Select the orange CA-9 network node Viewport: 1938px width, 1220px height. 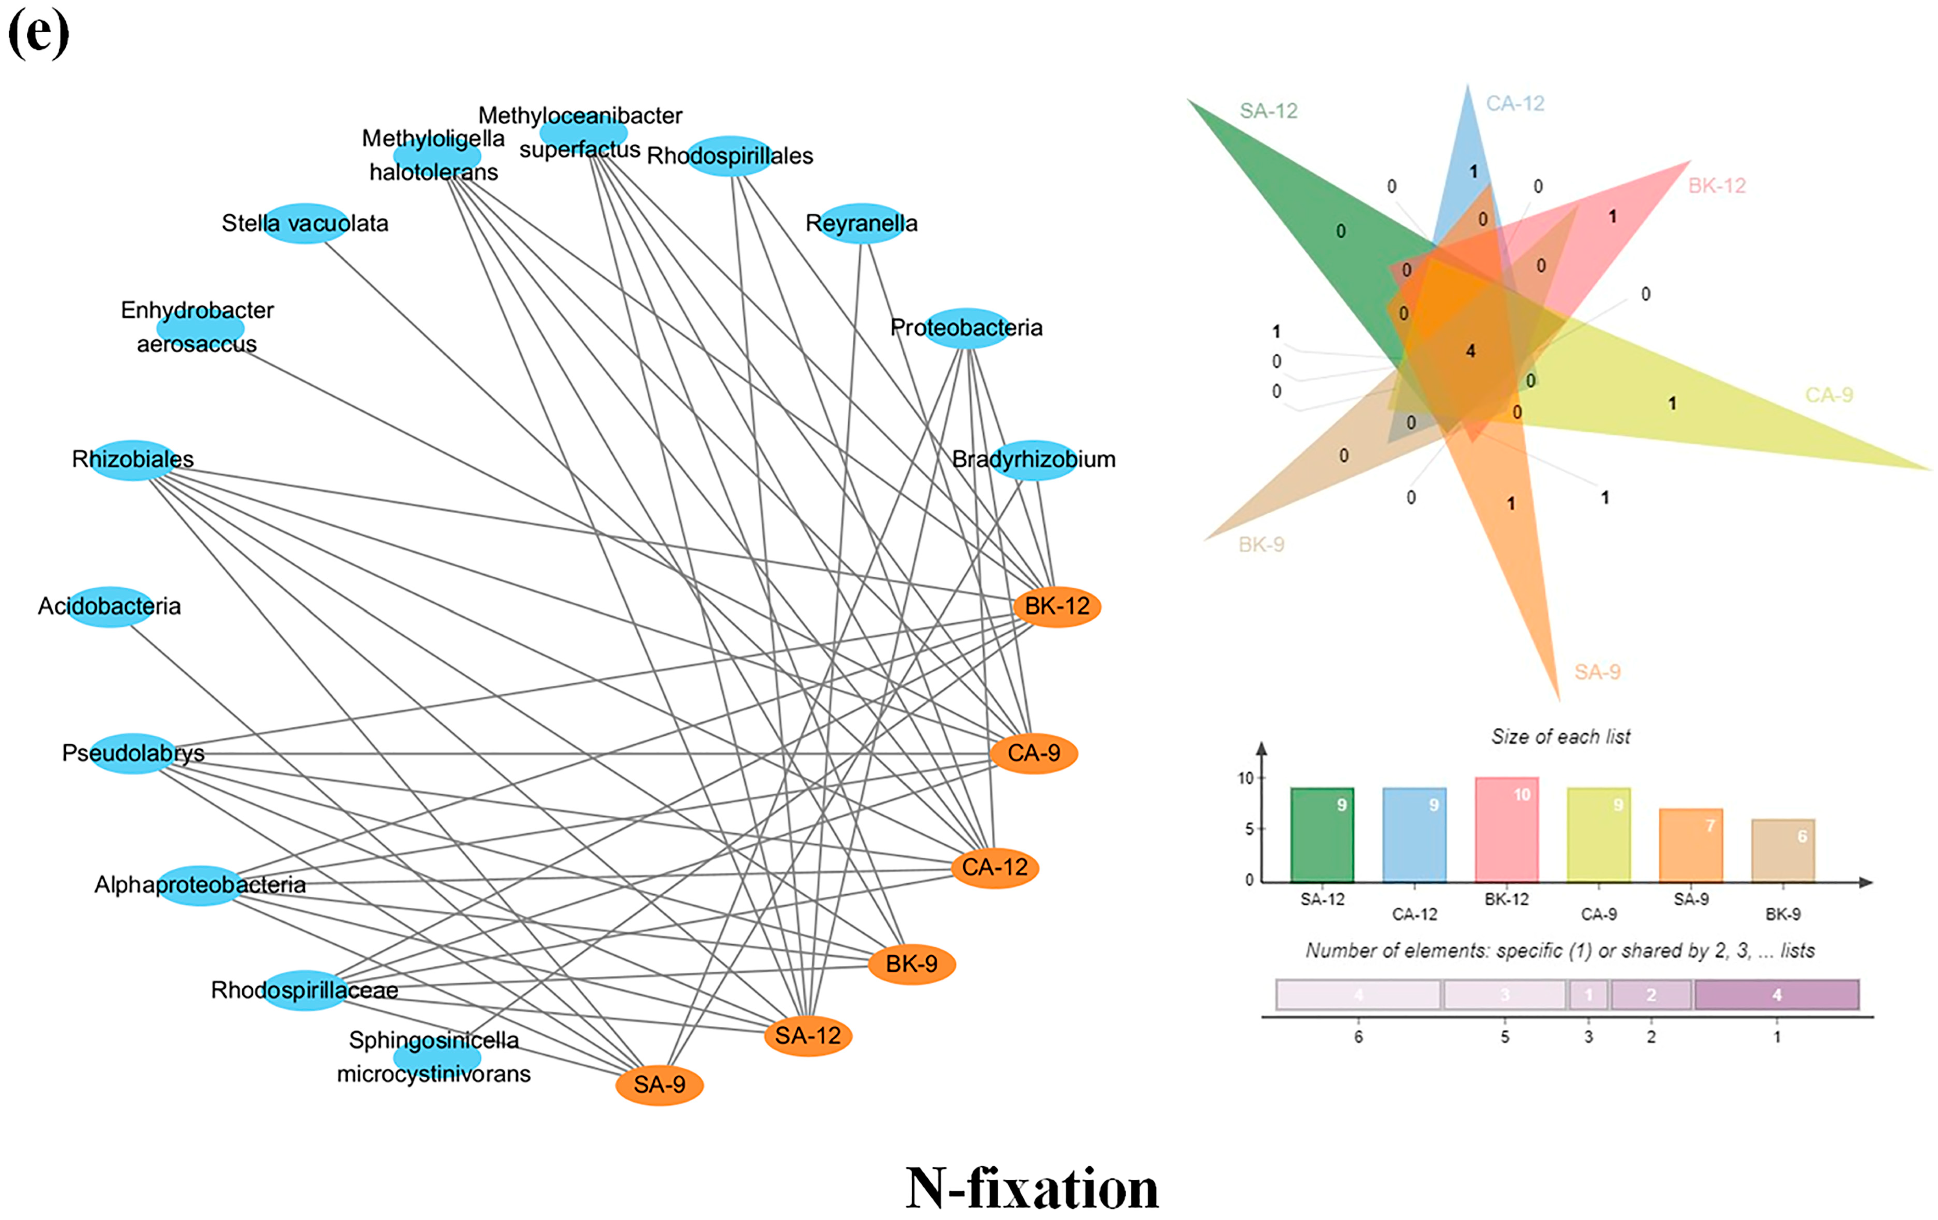(x=1033, y=753)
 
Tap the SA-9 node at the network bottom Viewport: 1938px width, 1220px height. (x=659, y=1085)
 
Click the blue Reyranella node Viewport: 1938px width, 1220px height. (x=861, y=223)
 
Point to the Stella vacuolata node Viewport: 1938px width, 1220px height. (x=305, y=223)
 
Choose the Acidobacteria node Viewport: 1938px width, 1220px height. (x=109, y=606)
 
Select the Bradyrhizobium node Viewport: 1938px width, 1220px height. (x=1033, y=460)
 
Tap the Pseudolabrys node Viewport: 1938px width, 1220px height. (x=133, y=753)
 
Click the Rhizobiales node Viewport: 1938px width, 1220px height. (x=133, y=460)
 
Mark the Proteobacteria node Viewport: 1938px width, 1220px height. (x=966, y=328)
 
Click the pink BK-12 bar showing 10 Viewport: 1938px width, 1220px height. (x=1506, y=829)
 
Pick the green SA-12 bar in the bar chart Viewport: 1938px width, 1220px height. (x=1321, y=834)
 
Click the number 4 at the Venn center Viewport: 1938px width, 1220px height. (x=1470, y=351)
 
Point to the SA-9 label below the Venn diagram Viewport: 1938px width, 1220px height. (x=1597, y=672)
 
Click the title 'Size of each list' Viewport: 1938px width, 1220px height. (x=1560, y=736)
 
